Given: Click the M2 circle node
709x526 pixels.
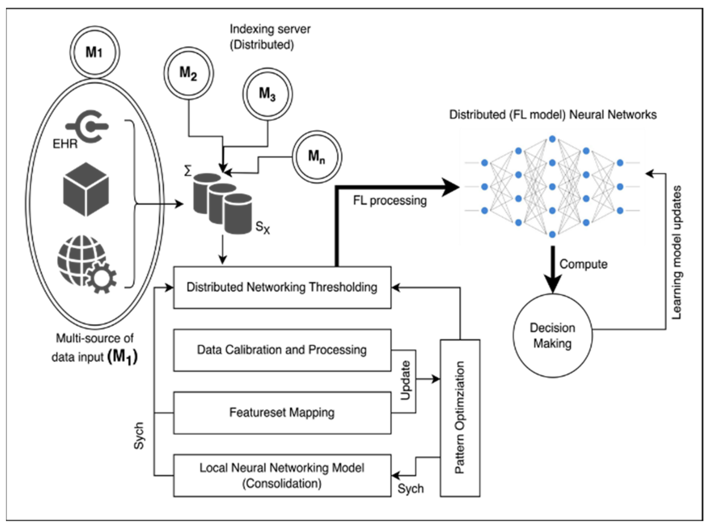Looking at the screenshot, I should (189, 73).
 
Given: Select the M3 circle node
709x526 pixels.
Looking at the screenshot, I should (267, 94).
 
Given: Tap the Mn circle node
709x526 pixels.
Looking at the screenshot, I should (317, 157).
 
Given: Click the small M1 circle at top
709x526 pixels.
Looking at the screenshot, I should (95, 52).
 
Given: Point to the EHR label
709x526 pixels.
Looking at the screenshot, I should (65, 144).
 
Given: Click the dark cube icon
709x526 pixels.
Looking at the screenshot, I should (86, 189).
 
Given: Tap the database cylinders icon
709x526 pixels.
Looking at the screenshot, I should (223, 203).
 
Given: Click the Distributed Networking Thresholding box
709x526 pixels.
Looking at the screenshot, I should (282, 287).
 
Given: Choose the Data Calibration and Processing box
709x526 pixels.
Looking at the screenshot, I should (282, 350).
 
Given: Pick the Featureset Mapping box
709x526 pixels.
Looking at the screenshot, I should (282, 413).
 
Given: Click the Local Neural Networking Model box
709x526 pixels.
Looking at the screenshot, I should (282, 475).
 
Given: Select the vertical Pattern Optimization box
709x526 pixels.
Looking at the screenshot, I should (460, 418).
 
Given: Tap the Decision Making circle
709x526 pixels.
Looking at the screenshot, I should (553, 335).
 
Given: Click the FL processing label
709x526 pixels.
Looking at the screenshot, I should (390, 201).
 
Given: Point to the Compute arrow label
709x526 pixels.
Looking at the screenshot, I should (583, 264).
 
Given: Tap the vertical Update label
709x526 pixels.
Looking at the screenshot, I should (405, 380).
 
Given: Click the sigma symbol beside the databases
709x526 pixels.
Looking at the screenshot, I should (188, 171).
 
